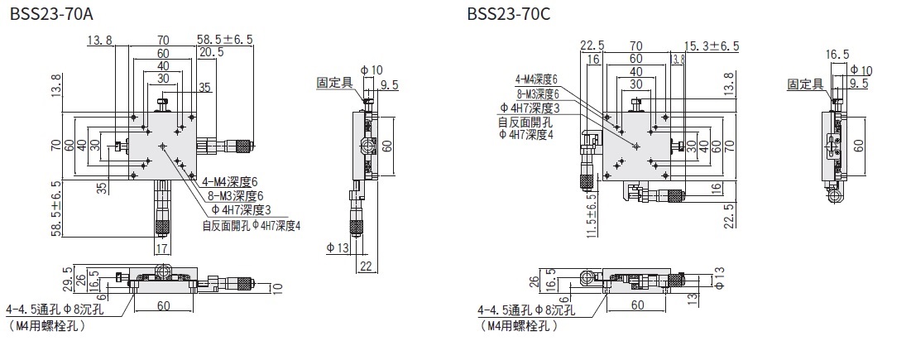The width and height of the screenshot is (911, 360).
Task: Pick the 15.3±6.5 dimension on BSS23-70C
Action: (x=711, y=46)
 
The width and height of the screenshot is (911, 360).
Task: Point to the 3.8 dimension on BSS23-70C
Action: (x=678, y=59)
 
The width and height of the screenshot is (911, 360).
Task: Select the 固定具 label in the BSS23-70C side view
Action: (x=804, y=84)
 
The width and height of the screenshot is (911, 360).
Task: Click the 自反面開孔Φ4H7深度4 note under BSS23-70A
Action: (x=251, y=224)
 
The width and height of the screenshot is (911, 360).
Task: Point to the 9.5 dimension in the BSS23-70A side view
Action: (x=390, y=84)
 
